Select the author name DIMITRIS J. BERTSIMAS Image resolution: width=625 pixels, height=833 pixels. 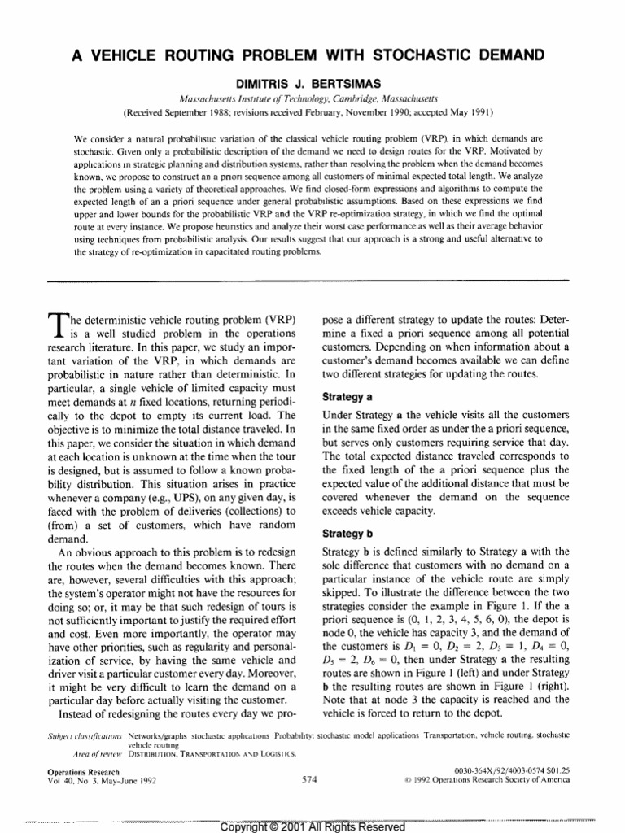(x=312, y=83)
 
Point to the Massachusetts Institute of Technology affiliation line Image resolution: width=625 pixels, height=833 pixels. (x=312, y=98)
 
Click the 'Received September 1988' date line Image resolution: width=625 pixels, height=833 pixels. (x=312, y=111)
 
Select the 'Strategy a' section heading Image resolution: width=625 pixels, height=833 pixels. (x=347, y=398)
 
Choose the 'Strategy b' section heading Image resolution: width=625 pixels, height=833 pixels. (x=347, y=534)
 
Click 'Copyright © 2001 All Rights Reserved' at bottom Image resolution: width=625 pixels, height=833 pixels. (x=312, y=826)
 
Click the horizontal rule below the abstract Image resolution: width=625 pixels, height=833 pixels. (x=312, y=281)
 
